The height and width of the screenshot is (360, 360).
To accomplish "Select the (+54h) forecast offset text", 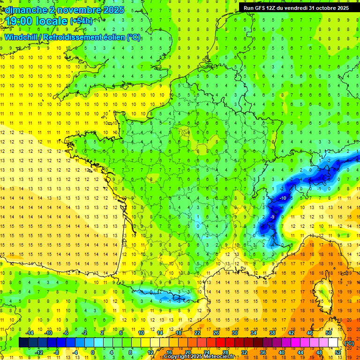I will pos(81,21).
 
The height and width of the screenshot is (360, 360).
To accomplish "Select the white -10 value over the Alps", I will pos(283,198).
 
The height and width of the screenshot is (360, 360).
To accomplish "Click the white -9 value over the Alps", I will pos(272,217).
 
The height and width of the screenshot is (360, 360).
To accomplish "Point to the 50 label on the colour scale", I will pos(329,332).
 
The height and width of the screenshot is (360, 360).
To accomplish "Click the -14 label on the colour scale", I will pos(30,332).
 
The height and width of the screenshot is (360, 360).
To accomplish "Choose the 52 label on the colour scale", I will pos(338,352).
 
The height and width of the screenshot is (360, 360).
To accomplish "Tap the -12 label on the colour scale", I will pos(39,352).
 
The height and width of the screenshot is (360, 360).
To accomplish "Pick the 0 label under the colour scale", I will pos(93,352).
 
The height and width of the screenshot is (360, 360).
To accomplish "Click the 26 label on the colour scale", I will pos(216,332).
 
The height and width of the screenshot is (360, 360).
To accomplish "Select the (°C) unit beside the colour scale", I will pos(349,343).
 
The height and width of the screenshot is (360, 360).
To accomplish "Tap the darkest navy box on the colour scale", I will pos(23,343).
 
